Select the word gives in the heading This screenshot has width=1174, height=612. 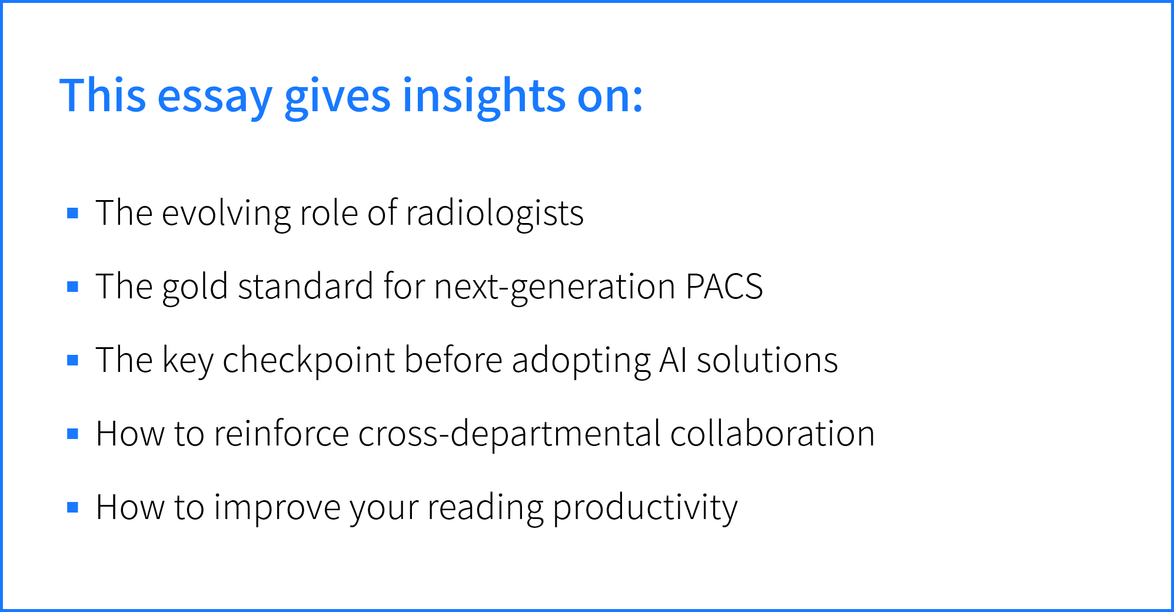point(337,97)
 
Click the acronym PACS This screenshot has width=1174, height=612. point(724,287)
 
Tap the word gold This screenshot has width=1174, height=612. point(195,288)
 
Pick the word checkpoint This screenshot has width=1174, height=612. point(309,360)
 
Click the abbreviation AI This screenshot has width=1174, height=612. point(673,360)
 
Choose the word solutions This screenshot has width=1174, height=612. point(767,360)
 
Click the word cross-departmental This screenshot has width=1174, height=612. point(510,434)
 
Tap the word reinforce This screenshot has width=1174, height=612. point(282,434)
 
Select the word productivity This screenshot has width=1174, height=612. point(645,508)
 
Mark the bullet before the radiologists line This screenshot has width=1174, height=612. point(73,213)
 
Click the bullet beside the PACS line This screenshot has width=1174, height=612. point(73,287)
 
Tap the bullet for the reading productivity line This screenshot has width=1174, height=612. point(73,507)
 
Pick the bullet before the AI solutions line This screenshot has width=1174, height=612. point(73,360)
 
